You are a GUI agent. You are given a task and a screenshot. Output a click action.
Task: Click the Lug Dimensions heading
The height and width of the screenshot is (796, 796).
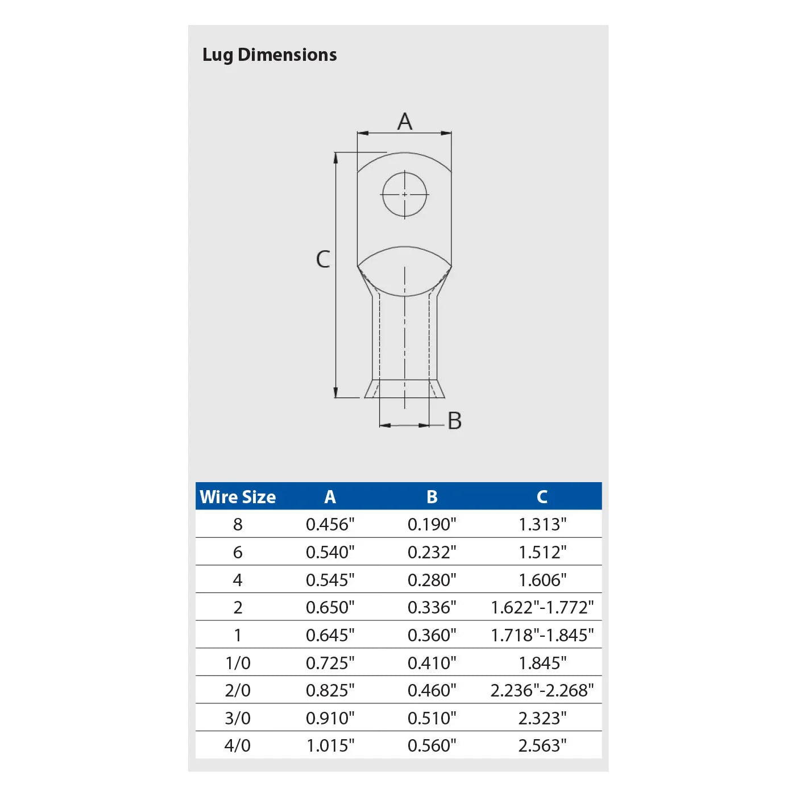pos(270,55)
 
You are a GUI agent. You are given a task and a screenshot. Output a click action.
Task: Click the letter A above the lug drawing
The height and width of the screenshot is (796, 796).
pos(404,121)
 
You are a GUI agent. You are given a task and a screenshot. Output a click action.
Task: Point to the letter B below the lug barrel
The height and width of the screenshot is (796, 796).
pos(454,421)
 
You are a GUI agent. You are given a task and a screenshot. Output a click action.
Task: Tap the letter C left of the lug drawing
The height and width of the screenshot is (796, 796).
pos(323,259)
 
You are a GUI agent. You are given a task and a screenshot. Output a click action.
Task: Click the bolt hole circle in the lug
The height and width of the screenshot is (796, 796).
pos(404,194)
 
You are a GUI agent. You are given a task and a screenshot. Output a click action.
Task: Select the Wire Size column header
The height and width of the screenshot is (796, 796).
pos(238,497)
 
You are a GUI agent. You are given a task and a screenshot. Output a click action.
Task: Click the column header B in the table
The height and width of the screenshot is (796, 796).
pos(432,497)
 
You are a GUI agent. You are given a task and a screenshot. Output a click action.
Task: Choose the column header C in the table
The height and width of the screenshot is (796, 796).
pos(542,497)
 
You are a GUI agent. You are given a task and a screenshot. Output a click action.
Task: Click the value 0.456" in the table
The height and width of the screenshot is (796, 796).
pos(330,524)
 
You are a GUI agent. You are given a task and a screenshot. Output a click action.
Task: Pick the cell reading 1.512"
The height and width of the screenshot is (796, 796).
pos(542,552)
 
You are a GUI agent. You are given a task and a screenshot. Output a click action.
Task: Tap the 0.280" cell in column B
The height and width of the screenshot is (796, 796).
pos(432,580)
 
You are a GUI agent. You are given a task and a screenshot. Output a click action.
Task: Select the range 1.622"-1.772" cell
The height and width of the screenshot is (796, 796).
pos(542,607)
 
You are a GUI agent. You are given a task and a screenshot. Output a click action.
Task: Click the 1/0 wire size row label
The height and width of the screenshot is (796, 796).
pos(238,663)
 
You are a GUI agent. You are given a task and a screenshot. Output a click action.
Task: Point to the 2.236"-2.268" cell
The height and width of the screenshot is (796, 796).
pos(542,690)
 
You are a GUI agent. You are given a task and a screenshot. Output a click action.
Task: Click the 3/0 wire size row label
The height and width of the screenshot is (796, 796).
pos(238,718)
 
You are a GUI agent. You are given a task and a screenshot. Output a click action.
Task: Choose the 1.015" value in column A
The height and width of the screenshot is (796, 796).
pos(330,745)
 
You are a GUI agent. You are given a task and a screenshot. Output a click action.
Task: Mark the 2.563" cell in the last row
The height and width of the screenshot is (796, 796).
pos(542,745)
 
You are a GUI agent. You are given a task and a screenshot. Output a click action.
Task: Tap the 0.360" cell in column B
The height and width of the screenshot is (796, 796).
pos(432,635)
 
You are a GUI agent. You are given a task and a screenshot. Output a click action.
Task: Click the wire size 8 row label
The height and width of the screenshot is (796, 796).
pos(238,524)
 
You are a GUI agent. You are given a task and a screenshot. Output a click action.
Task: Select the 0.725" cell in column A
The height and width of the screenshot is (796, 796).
pos(330,663)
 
